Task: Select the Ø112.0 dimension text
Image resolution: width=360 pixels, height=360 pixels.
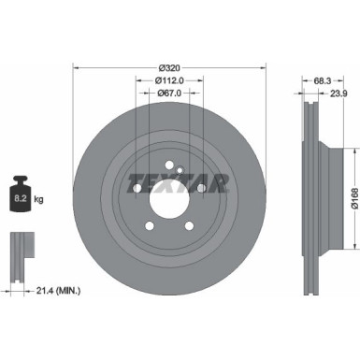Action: pyautogui.click(x=169, y=80)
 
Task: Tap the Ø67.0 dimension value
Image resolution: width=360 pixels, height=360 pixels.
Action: pyautogui.click(x=169, y=94)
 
